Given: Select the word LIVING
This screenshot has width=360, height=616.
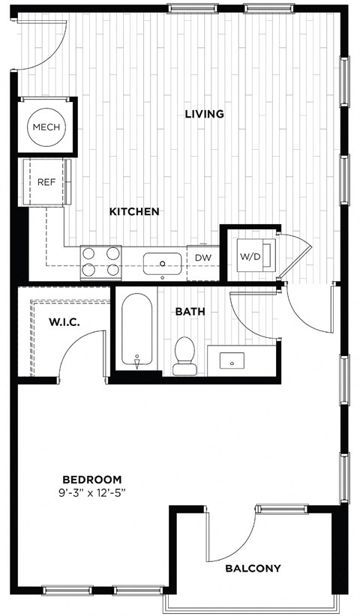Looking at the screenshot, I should [205, 114].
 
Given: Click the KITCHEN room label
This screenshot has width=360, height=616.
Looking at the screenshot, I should [134, 211].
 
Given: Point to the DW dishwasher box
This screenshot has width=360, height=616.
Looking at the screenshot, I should [202, 258].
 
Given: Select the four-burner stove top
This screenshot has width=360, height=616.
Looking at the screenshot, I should [101, 262].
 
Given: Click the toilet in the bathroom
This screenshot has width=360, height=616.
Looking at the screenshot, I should [184, 354].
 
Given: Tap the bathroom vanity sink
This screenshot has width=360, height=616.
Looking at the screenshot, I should [232, 360].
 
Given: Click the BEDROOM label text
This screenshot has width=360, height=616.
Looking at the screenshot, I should [91, 480].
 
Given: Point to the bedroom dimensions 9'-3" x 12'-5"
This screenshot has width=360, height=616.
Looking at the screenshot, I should [91, 492].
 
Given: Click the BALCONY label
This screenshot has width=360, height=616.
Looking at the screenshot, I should [253, 568].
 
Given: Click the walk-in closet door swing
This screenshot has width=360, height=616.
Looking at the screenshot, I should [79, 354].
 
